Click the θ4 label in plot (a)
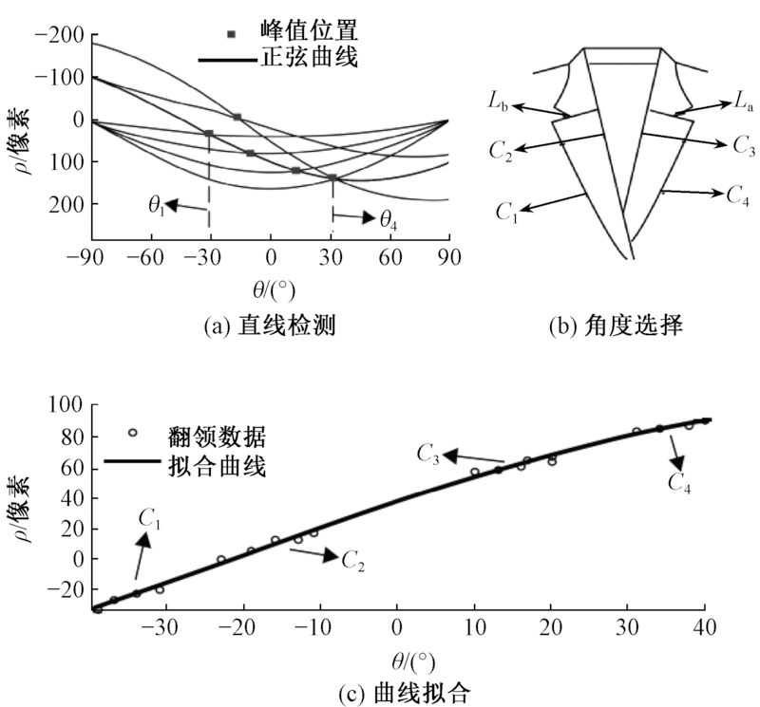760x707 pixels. pos(389,219)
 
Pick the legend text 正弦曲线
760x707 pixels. pos(309,60)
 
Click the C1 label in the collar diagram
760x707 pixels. pos(507,211)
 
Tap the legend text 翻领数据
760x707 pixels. pos(221,437)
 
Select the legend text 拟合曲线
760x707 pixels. pos(221,467)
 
